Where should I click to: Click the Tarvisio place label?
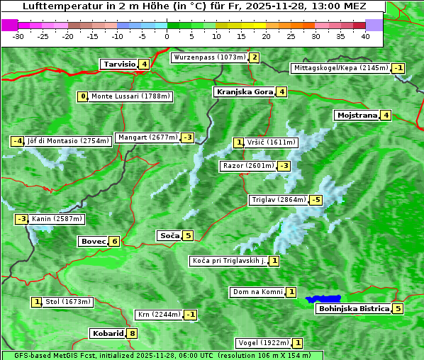[119, 64]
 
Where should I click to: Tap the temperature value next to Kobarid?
[133, 334]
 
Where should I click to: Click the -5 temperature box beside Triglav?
[316, 200]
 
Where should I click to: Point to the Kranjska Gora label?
[243, 91]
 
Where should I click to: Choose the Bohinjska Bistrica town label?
[353, 308]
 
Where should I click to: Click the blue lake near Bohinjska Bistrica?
[323, 299]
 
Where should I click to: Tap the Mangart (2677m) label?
[147, 137]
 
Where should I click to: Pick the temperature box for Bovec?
[115, 241]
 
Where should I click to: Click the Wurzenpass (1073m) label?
[209, 57]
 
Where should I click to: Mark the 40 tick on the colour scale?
[365, 35]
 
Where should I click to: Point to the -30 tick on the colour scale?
[18, 35]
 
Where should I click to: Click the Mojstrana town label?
[357, 115]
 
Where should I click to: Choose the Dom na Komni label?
[257, 292]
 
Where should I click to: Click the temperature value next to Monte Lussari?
[84, 96]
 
